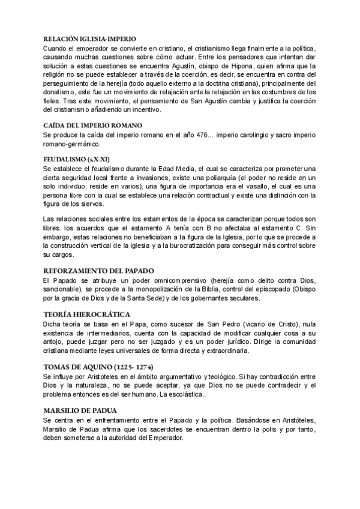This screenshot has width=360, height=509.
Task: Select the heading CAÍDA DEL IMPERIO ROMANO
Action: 93,125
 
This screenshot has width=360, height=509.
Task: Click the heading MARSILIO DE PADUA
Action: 81,411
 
